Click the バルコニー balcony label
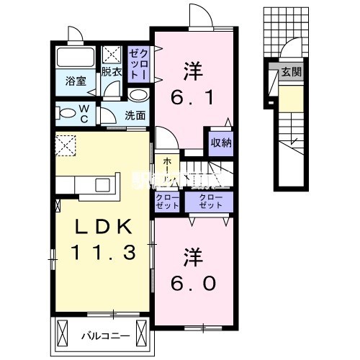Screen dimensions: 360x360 [99, 335]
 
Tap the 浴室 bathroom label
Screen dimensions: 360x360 [77, 81]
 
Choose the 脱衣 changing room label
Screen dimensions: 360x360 [111, 71]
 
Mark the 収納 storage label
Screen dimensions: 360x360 [221, 142]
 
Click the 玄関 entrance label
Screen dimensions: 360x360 [292, 71]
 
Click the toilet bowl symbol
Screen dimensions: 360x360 [66, 112]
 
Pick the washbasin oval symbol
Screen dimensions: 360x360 [138, 95]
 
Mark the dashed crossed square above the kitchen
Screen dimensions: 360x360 [66, 146]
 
